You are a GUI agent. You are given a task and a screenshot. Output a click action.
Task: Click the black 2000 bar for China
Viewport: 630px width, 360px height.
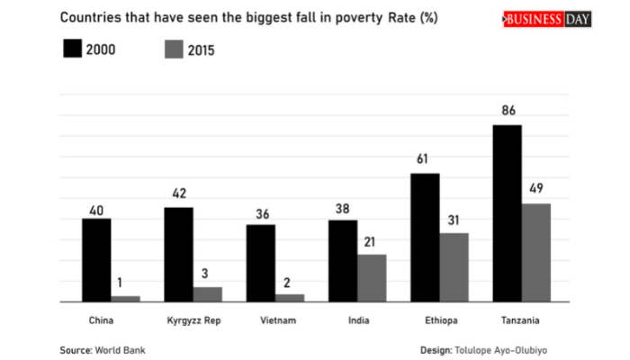96,259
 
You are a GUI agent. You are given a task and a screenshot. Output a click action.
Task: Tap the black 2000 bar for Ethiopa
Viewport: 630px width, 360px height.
425,238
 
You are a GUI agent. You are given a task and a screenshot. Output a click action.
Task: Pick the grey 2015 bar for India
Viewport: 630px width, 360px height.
371,278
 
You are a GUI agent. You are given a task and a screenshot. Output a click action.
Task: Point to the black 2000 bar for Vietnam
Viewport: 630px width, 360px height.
261,263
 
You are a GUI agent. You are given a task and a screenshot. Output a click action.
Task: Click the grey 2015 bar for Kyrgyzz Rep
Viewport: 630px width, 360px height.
207,294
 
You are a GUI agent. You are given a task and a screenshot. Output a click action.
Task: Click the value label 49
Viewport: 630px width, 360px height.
536,191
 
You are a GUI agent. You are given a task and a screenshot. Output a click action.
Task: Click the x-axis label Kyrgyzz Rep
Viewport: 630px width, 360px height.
193,320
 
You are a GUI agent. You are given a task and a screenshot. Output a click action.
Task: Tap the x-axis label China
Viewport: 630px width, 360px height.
101,320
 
